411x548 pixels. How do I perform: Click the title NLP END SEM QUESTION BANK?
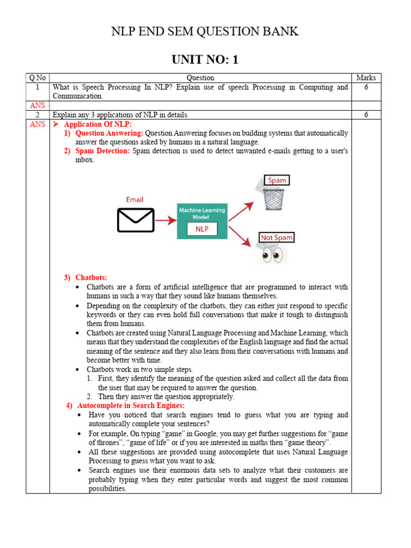click(x=205, y=32)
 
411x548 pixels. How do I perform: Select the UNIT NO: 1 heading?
click(x=205, y=59)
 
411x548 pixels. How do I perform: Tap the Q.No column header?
click(x=37, y=78)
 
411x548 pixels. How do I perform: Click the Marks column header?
click(x=366, y=78)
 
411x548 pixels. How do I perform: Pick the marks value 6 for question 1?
click(x=366, y=87)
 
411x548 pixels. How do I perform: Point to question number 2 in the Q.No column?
click(x=37, y=115)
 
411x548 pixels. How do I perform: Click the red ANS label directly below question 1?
click(x=37, y=105)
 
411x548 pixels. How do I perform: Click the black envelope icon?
click(x=134, y=219)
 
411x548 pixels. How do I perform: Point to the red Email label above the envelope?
click(x=134, y=200)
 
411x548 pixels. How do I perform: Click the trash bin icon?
click(x=274, y=199)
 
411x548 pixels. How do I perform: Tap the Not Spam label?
click(x=277, y=237)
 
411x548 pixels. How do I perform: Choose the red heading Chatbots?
click(x=91, y=277)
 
